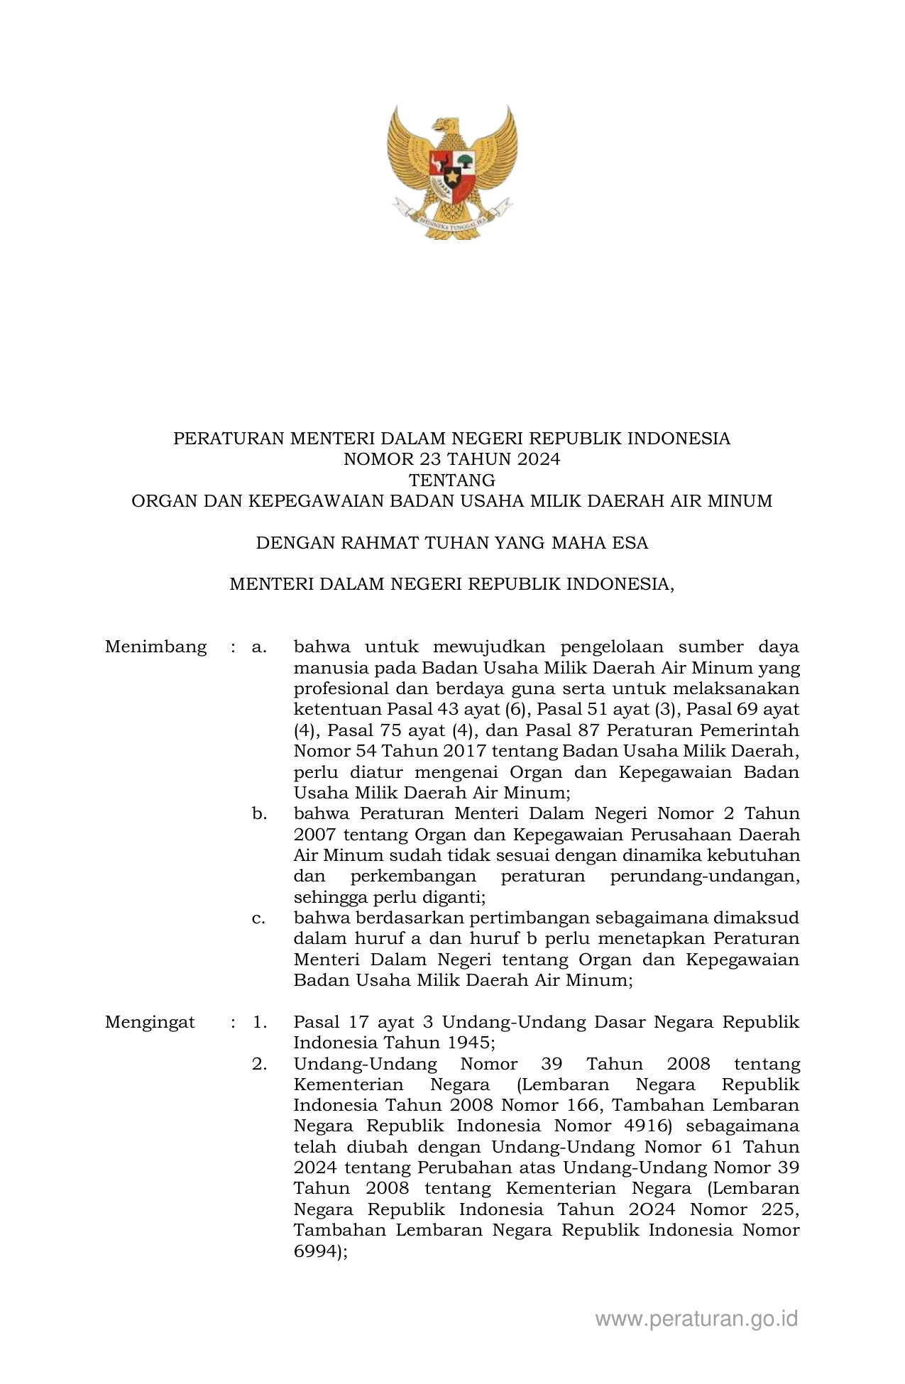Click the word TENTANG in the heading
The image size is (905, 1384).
point(452,480)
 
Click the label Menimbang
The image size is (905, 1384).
point(156,647)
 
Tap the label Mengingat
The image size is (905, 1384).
point(150,1023)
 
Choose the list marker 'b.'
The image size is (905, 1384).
point(259,814)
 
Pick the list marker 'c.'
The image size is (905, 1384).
point(258,918)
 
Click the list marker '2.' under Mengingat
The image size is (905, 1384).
point(259,1065)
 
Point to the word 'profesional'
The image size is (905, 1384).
point(339,689)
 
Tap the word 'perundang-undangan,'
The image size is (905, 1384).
point(705,877)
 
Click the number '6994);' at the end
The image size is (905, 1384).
point(321,1253)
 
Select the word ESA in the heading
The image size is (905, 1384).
point(630,544)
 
